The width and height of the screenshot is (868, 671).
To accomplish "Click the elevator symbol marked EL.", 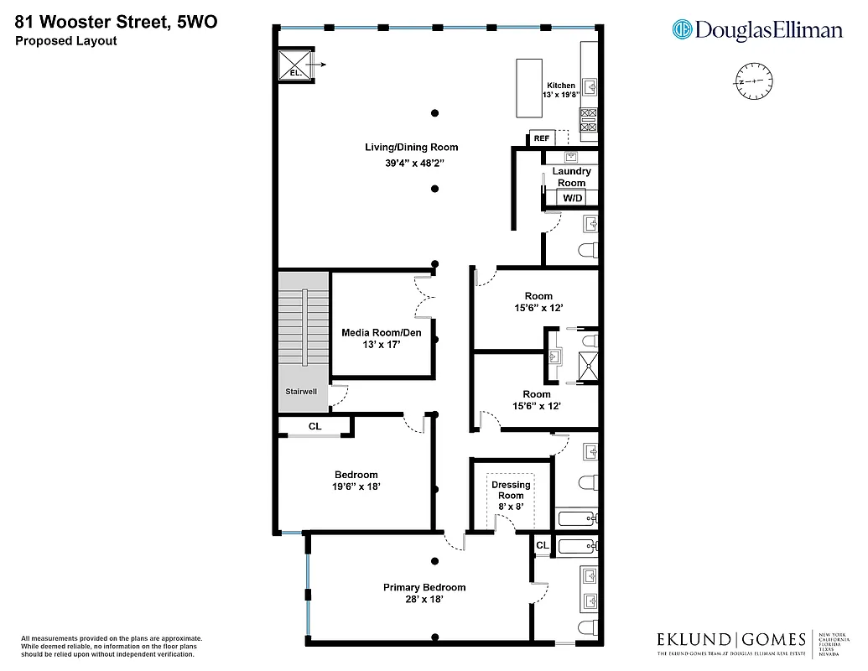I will tap(295, 65).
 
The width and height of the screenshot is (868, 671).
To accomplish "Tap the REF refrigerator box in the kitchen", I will tap(541, 138).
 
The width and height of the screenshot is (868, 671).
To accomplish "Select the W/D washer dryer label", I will tap(572, 199).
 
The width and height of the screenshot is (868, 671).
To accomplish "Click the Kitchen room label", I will tap(561, 86).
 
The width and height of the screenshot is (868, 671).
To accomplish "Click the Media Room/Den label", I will tap(381, 333).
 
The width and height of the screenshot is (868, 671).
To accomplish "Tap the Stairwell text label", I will tap(302, 392).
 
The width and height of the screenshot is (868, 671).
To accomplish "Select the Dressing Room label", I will tap(511, 490).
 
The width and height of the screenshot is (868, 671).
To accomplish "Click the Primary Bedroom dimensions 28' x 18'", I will tap(424, 600).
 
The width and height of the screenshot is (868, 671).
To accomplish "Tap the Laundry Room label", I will tap(571, 177).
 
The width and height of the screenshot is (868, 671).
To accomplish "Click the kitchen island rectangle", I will tap(529, 88).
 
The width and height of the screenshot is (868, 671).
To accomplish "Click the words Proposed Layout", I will tap(65, 40).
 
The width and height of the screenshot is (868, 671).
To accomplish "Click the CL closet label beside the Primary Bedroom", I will tap(542, 545).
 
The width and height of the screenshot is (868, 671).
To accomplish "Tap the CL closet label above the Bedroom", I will tap(314, 426).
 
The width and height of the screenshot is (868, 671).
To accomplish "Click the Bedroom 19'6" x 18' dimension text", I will tap(356, 486).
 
